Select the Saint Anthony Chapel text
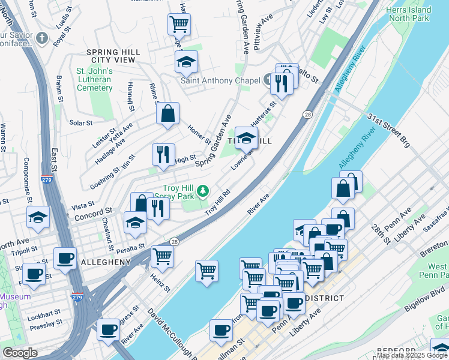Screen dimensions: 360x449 tap(220, 80)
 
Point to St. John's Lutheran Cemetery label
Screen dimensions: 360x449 tap(94, 79)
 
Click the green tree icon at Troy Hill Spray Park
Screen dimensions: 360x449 tap(203, 191)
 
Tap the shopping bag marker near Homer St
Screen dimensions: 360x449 tap(168, 113)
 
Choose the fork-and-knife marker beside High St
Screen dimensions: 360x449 tap(163, 154)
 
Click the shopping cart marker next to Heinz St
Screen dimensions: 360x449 tap(163, 256)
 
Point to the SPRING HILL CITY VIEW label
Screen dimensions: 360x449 tap(113, 56)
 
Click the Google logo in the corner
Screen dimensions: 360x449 tap(20, 353)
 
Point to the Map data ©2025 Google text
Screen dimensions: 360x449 tap(412, 355)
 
